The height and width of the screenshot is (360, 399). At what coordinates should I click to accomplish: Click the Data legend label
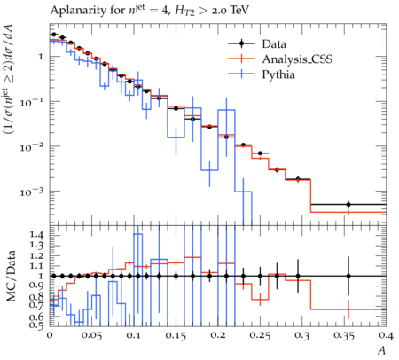[x=274, y=44]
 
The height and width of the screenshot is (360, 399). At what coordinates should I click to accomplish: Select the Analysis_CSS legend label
[x=297, y=59]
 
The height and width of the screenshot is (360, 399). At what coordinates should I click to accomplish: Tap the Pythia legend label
[x=278, y=74]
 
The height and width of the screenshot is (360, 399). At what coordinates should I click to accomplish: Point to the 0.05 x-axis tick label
[x=92, y=336]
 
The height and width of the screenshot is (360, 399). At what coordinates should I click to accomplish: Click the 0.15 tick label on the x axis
[x=176, y=336]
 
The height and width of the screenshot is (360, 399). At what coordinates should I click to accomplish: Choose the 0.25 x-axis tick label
[x=260, y=336]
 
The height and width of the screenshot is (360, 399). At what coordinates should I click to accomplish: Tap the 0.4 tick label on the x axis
[x=387, y=336]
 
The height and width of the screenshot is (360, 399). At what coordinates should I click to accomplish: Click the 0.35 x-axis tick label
[x=344, y=336]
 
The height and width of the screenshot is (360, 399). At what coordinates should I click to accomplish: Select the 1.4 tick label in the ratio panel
[x=36, y=236]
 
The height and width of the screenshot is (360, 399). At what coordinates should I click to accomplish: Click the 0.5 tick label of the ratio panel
[x=36, y=325]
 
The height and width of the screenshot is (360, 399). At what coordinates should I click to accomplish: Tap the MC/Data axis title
[x=11, y=276]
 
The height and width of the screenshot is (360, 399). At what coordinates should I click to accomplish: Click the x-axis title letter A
[x=382, y=350]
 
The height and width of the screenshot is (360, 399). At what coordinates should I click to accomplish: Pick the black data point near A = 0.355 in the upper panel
[x=348, y=204]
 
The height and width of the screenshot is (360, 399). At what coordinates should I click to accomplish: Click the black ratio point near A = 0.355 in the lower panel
[x=348, y=276]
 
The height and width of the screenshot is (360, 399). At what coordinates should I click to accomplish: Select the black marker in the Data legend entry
[x=241, y=43]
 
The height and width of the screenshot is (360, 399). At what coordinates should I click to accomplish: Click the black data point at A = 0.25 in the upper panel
[x=260, y=153]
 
